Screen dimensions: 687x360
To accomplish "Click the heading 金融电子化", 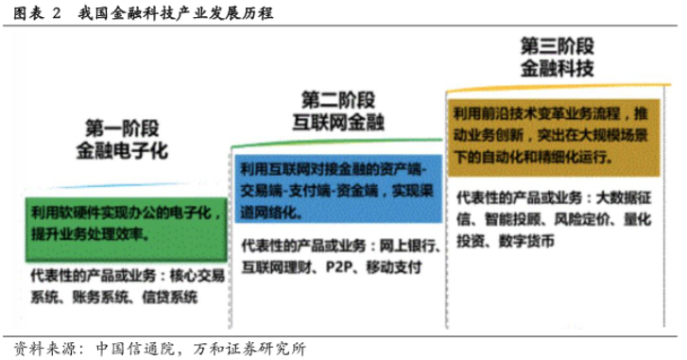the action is pyautogui.click(x=122, y=148).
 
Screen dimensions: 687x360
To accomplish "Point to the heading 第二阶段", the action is pyautogui.click(x=339, y=99).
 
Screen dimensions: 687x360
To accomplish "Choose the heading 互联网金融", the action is pyautogui.click(x=339, y=120).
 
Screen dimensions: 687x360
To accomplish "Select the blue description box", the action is pyautogui.click(x=337, y=189).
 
